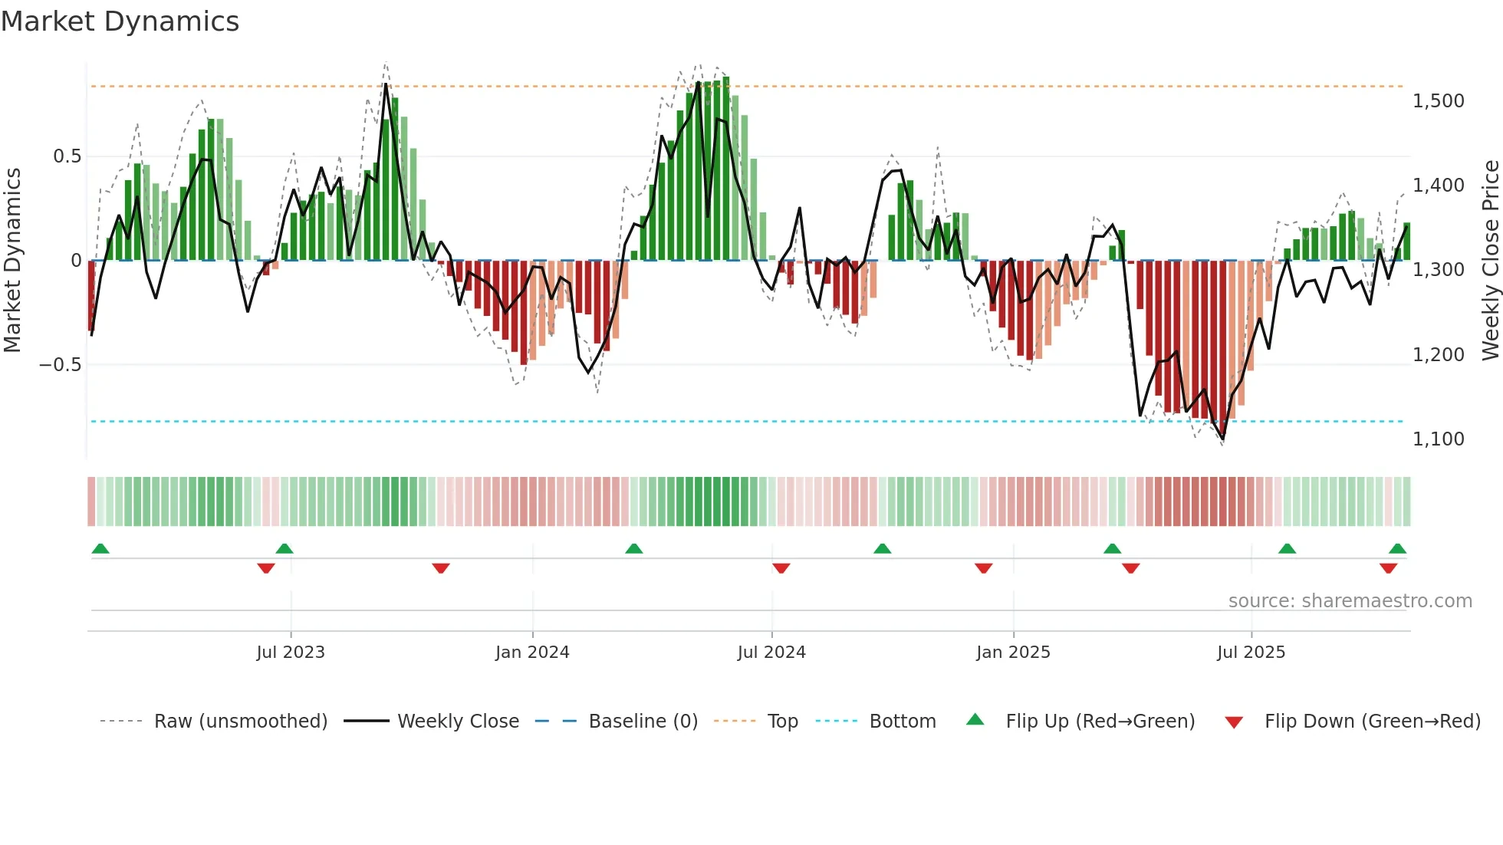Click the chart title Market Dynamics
(x=120, y=21)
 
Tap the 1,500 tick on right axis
(x=1438, y=101)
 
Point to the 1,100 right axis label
(x=1438, y=439)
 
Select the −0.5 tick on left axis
(x=60, y=365)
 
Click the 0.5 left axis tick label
(x=67, y=156)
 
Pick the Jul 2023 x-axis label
(x=291, y=653)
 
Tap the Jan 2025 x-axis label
(x=1013, y=653)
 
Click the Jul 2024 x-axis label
(x=771, y=653)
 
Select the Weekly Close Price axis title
(x=1490, y=260)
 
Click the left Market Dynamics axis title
(x=12, y=260)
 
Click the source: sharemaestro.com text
(x=1350, y=601)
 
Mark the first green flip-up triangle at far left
(x=100, y=548)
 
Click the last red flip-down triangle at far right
(x=1388, y=568)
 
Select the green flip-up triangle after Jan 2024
(x=633, y=548)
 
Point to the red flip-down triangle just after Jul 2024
(x=781, y=568)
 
